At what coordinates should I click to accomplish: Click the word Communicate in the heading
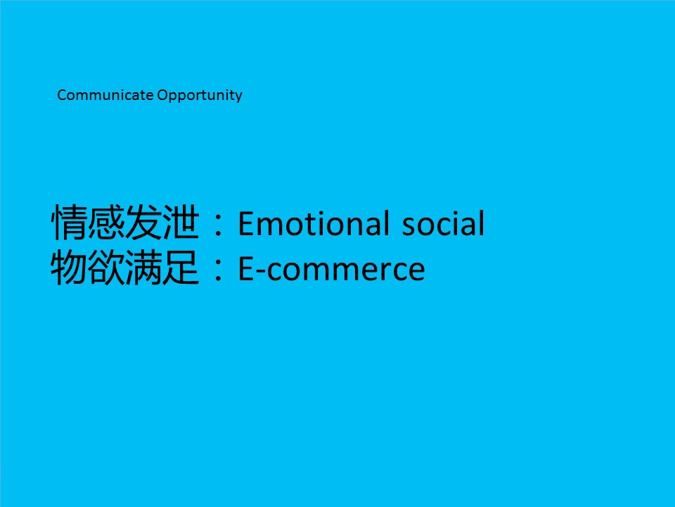(x=105, y=95)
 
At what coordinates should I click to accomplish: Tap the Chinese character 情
(x=70, y=223)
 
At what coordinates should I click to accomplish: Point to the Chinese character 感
(x=106, y=223)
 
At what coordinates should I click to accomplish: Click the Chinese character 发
(x=143, y=223)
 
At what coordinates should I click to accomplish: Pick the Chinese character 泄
(x=181, y=223)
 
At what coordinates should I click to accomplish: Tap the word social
(x=444, y=223)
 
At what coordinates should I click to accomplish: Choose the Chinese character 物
(x=70, y=268)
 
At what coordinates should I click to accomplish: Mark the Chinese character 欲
(x=106, y=268)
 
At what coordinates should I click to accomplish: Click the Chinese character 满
(x=143, y=268)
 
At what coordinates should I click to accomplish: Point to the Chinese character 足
(x=181, y=268)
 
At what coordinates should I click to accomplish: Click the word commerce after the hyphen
(x=346, y=270)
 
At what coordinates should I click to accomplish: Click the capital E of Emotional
(x=247, y=224)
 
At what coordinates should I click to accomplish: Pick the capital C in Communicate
(x=62, y=95)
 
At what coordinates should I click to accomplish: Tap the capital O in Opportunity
(x=162, y=95)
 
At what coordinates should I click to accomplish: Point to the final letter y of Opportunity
(x=238, y=97)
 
